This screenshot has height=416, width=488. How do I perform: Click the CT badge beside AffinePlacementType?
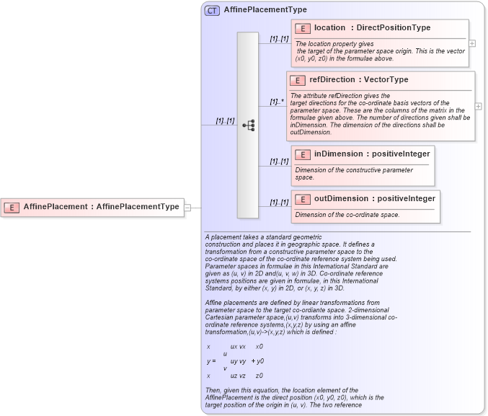212,10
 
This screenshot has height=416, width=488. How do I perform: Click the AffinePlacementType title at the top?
265,10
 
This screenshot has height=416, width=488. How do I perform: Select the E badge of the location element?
303,28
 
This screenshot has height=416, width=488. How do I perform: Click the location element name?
329,28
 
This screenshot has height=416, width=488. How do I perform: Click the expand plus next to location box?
472,43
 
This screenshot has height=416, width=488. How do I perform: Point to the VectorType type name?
386,80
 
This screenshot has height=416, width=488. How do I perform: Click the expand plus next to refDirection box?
479,106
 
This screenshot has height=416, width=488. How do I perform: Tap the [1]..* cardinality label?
276,102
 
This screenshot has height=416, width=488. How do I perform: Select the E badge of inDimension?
303,154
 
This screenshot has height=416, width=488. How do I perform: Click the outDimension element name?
341,199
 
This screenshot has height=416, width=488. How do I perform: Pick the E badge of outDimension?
303,199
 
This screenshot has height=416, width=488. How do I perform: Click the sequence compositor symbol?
248,125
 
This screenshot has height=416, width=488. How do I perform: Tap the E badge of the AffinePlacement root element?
12,207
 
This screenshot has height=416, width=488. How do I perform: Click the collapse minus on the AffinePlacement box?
187,207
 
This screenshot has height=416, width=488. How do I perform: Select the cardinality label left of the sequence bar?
225,120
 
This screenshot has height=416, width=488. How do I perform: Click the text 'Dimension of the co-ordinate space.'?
347,215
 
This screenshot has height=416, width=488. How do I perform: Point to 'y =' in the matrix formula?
211,360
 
